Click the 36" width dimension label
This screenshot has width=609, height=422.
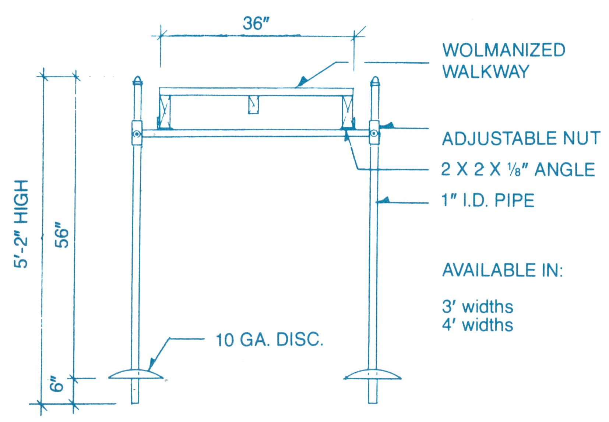[x=256, y=24]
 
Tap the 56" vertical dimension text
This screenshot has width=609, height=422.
[x=62, y=235]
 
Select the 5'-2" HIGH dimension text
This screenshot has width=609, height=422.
[x=21, y=224]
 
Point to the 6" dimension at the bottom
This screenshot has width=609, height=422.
[x=57, y=384]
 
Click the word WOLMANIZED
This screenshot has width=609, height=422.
[x=504, y=50]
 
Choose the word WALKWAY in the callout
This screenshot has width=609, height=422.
[x=486, y=71]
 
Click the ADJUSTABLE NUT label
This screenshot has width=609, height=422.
[x=521, y=139]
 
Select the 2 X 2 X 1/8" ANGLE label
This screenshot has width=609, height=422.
[x=518, y=170]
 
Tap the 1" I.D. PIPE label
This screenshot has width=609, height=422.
[x=487, y=201]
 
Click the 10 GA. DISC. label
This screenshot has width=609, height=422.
[x=269, y=340]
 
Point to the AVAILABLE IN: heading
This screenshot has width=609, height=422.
[x=502, y=270]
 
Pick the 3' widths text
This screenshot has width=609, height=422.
[x=477, y=307]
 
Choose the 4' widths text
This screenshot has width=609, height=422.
[x=477, y=325]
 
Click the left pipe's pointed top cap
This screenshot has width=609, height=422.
[x=137, y=81]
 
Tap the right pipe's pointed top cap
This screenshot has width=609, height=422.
[x=375, y=81]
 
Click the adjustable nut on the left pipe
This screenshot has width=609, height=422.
[x=137, y=133]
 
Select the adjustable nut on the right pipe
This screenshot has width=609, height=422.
[x=374, y=133]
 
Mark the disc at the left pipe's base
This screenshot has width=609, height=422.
[x=136, y=374]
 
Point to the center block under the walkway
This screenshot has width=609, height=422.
[x=253, y=105]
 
